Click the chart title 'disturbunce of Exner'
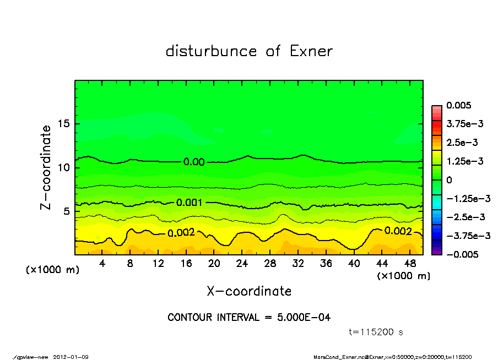[249, 51]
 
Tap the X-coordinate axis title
[249, 291]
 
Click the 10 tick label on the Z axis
[63, 167]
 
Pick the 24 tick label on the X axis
[242, 264]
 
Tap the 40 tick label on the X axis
[354, 264]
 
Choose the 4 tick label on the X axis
[102, 264]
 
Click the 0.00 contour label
[194, 162]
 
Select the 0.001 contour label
[190, 203]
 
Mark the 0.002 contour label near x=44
[398, 231]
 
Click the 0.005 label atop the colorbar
[458, 105]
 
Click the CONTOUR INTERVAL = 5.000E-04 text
[249, 318]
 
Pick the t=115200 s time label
[377, 332]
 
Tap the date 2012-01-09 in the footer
[71, 357]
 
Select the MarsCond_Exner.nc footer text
[342, 357]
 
